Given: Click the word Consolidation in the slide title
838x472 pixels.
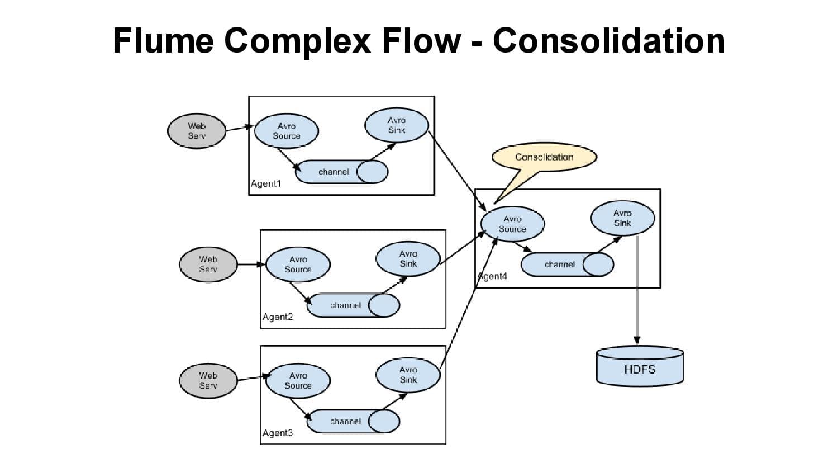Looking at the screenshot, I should pos(608,41).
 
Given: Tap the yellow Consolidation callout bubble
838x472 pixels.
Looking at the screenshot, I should pos(544,157).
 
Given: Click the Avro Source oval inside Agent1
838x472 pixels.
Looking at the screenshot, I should pos(286,131).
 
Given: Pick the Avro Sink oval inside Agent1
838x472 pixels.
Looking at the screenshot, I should pos(397,125).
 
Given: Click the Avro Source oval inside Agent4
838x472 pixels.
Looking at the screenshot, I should pos(512,224).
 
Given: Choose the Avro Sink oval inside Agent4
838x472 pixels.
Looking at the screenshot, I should pos(622,218).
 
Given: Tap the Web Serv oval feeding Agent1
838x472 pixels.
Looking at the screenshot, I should pos(197,131).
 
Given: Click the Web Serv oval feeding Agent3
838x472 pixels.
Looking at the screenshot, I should pos(208,381).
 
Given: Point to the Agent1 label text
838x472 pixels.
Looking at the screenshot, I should pos(266,184).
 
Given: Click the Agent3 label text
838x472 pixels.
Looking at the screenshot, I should pos(278,433).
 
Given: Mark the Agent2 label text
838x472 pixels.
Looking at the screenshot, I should pos(278,317).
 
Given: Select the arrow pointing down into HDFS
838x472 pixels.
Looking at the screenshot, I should pos(637,291).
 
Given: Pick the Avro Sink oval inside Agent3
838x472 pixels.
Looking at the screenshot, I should pos(408,375).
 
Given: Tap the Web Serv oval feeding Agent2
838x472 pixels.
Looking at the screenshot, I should pos(208,265).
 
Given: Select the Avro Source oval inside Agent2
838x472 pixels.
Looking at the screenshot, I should pos(298,265).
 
